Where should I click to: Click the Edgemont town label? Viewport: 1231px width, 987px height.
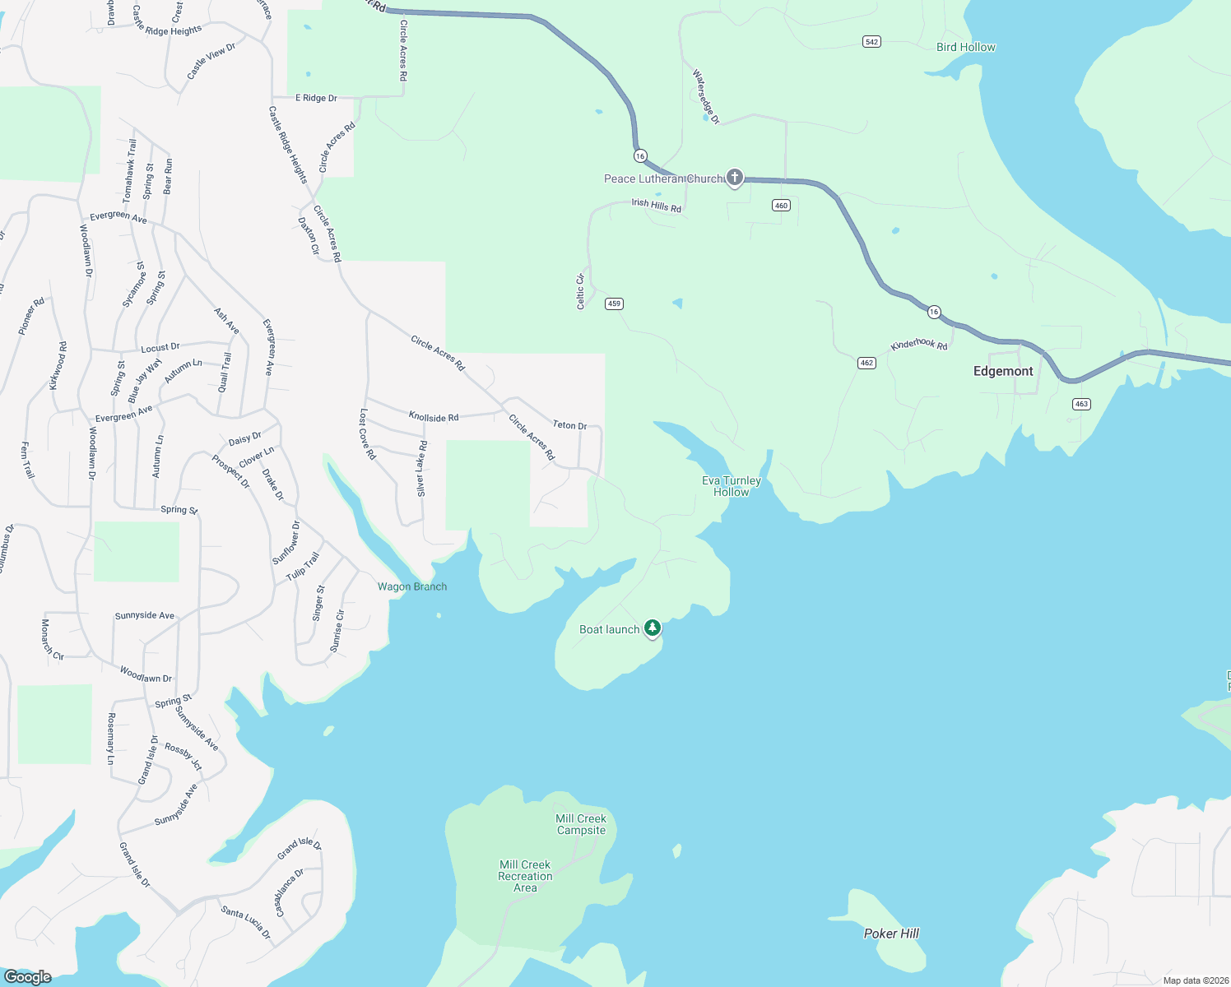(1003, 372)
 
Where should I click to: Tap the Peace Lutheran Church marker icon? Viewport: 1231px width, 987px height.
(734, 178)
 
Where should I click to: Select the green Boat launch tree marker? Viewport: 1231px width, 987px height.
(653, 628)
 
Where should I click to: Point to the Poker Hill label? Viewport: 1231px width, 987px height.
(891, 934)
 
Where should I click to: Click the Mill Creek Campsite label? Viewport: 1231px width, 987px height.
(581, 824)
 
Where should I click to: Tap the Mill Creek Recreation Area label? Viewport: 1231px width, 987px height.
(525, 876)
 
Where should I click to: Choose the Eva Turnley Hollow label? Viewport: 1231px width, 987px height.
(732, 486)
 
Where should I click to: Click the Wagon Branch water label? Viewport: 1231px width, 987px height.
(412, 586)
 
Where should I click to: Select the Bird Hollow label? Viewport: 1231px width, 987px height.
(965, 47)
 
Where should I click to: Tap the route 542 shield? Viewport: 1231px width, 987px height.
(871, 42)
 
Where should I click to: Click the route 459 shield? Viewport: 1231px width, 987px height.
(614, 304)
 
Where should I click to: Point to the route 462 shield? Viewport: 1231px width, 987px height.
(866, 363)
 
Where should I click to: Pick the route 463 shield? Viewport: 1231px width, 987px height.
(1081, 404)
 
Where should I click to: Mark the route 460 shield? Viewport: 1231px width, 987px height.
(781, 205)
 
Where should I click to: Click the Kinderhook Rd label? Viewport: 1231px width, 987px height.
(919, 345)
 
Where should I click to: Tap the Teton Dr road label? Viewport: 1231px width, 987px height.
(569, 425)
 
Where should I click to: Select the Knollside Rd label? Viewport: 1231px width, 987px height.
(434, 417)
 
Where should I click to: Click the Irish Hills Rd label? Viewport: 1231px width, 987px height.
(656, 205)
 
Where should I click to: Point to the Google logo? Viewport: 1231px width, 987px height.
(27, 976)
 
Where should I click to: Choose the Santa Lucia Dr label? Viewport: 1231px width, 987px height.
(245, 922)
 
